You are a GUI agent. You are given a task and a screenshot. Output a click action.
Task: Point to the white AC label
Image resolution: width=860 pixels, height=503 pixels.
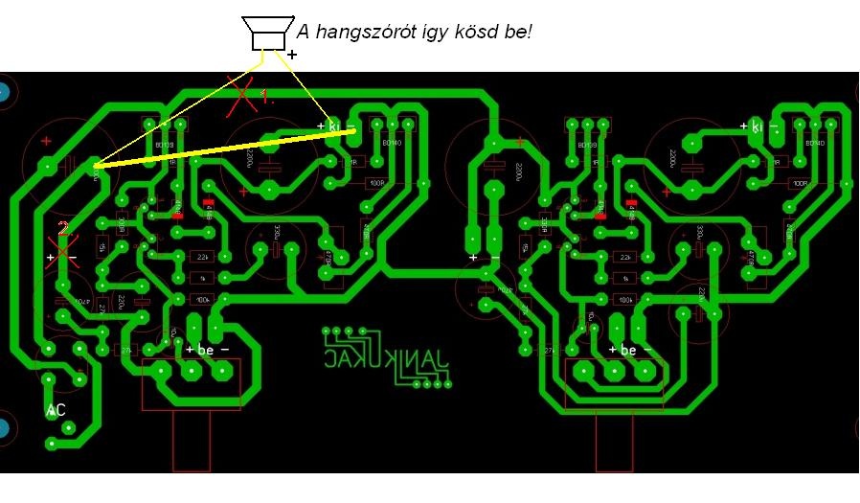(57, 410)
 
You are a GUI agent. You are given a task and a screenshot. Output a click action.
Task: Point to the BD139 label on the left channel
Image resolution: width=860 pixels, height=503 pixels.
(164, 146)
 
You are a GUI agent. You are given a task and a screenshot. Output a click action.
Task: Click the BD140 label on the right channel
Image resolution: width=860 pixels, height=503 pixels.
(815, 144)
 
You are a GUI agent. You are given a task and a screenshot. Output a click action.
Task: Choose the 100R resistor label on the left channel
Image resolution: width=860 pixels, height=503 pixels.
(375, 183)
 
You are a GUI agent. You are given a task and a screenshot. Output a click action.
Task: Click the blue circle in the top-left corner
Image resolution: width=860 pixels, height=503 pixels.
(5, 93)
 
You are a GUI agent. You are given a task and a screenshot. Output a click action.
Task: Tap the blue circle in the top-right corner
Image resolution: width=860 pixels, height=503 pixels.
(855, 93)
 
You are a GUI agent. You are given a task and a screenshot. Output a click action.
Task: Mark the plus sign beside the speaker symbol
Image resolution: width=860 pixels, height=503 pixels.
(292, 56)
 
